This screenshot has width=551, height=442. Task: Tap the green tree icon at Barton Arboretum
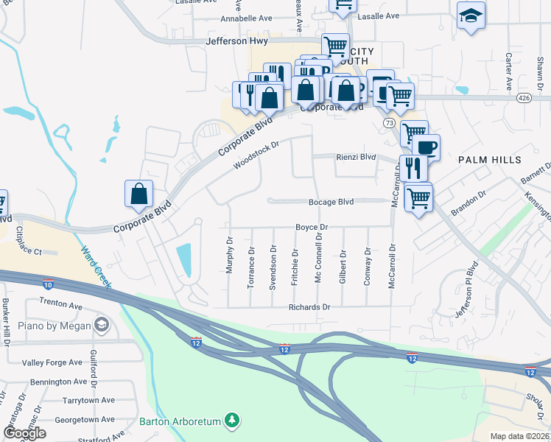click(233, 421)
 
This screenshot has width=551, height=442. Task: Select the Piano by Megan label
click(56, 326)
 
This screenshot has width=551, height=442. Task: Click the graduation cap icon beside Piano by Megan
click(101, 325)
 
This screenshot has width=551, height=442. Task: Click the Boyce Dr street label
click(312, 227)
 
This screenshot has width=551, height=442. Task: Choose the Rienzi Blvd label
click(357, 157)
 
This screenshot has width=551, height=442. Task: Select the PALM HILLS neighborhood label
click(490, 160)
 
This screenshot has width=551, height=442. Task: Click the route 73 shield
click(388, 124)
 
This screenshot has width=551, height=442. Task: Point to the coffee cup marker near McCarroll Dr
click(426, 147)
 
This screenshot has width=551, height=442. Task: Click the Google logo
click(25, 433)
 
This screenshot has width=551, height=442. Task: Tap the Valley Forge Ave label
click(52, 362)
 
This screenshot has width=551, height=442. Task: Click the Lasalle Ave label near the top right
click(378, 15)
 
